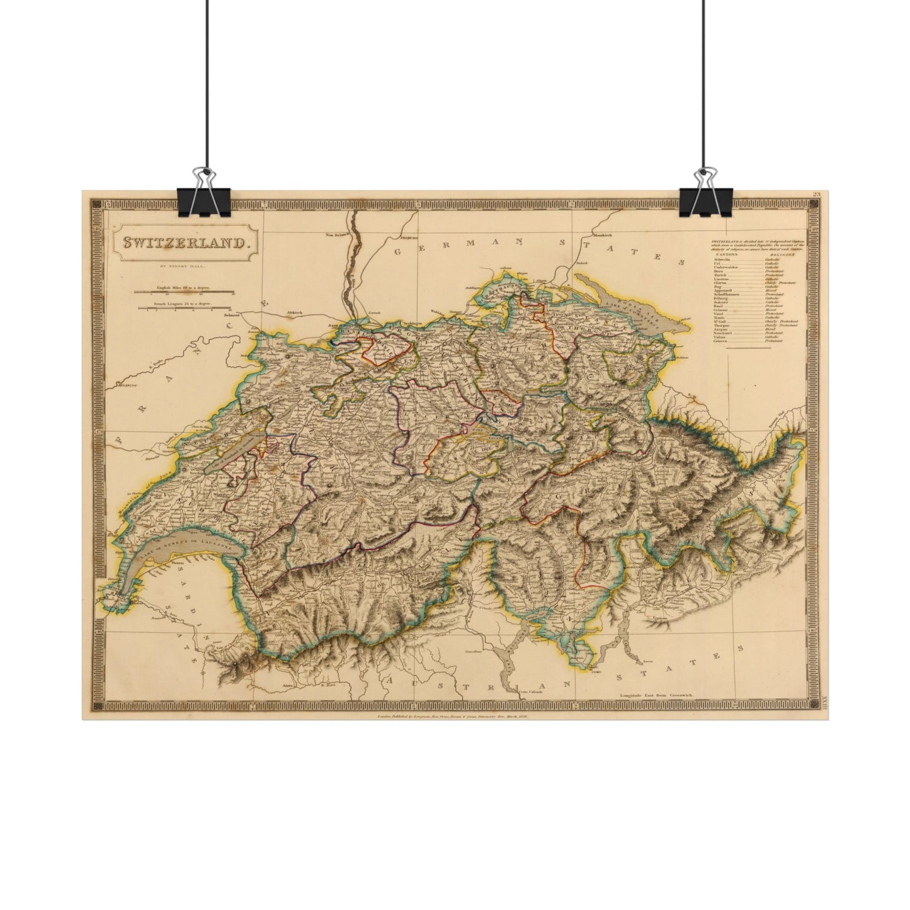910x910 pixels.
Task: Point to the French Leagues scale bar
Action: pos(184,309)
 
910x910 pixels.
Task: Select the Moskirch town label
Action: pos(602,235)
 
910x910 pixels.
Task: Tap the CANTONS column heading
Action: pos(725,254)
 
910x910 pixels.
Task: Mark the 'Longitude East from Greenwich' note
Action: pos(656,694)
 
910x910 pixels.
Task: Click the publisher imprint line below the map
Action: pos(452,717)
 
